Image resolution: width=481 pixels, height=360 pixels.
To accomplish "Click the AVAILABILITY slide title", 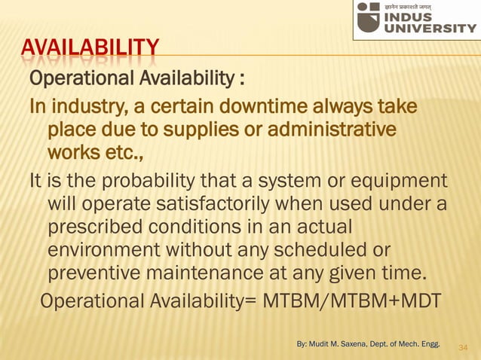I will click(90, 52).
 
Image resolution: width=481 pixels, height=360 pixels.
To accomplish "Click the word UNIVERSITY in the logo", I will click(431, 29).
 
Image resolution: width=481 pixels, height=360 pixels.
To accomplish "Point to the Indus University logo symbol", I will click(369, 17).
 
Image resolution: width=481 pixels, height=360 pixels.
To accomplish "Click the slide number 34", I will click(462, 347).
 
